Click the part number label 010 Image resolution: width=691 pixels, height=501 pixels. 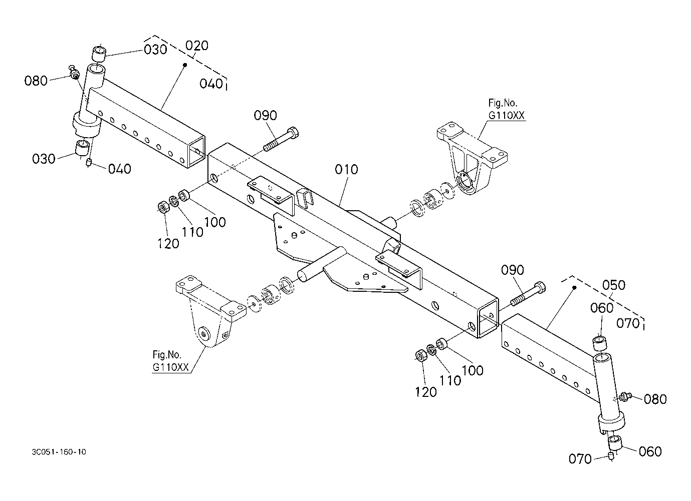(x=346, y=170)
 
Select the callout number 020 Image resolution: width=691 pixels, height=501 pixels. (x=197, y=46)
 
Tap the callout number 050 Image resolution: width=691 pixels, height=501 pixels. (x=613, y=285)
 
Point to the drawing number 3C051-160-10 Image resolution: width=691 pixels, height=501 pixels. (x=59, y=452)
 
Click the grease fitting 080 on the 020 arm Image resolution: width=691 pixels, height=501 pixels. (x=74, y=73)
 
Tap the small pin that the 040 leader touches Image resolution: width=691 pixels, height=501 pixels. (x=89, y=162)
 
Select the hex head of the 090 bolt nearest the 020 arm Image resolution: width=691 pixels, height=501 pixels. (x=293, y=133)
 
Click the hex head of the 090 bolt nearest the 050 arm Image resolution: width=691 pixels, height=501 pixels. (x=540, y=287)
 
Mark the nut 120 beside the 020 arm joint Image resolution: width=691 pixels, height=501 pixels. (x=163, y=207)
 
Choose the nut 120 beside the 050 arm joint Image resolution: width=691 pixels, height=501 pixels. (x=421, y=355)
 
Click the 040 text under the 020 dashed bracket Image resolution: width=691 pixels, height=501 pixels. (x=211, y=84)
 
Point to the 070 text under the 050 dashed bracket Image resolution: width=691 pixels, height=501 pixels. (x=628, y=323)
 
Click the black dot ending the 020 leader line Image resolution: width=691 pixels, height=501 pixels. (x=185, y=65)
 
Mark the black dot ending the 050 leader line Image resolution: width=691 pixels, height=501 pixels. (x=574, y=287)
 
